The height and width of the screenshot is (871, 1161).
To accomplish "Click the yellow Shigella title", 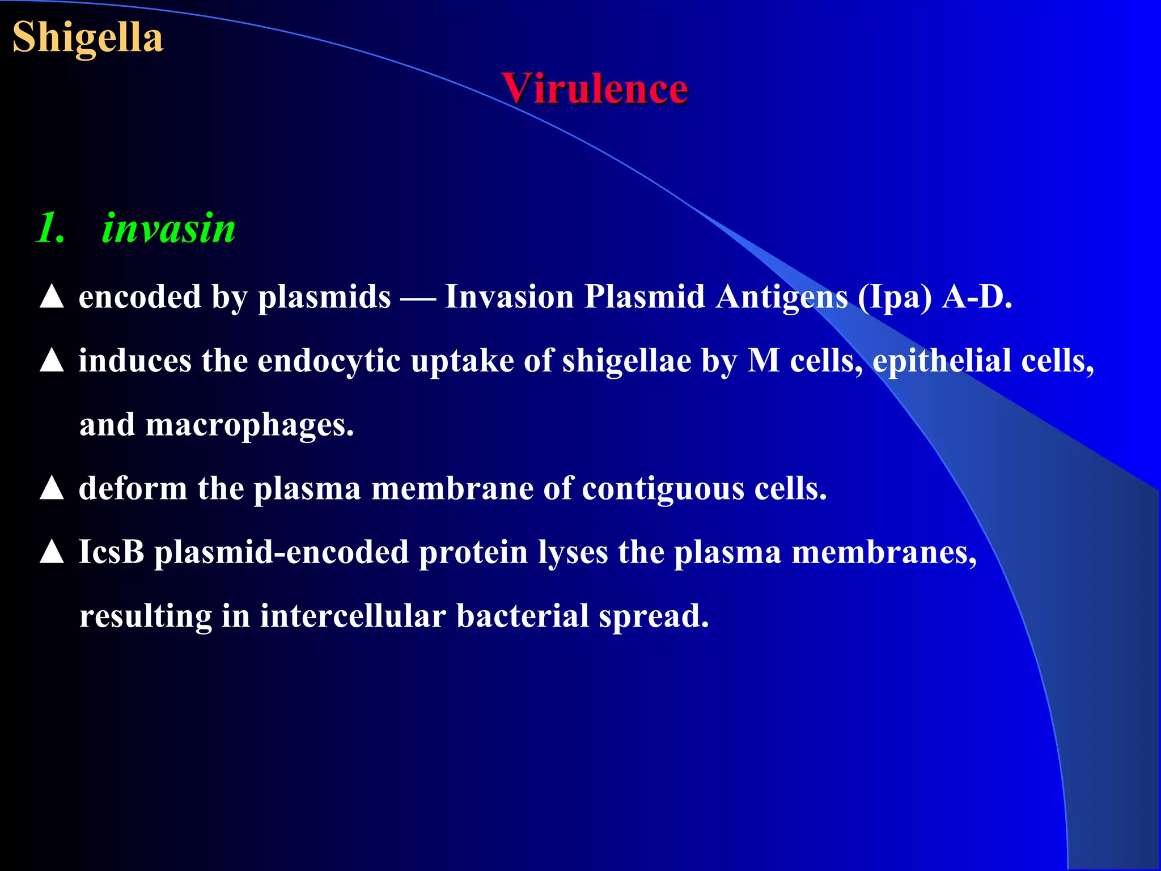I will [88, 37].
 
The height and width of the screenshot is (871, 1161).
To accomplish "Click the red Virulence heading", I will [595, 89].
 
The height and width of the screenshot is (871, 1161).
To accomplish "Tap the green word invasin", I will [168, 229].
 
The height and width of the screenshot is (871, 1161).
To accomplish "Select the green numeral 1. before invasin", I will [51, 229].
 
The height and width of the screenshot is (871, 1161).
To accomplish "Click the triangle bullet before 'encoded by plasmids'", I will [52, 297].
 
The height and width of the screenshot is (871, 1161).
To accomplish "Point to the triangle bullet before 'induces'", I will [52, 361].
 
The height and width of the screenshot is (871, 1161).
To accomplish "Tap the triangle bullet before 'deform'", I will [52, 488].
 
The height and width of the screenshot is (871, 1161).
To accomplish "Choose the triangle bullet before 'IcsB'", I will [52, 552].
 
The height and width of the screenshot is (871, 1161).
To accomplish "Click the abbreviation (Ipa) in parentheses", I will [895, 297].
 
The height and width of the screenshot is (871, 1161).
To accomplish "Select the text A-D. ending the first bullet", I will [977, 297].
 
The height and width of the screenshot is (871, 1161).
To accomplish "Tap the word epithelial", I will [942, 361].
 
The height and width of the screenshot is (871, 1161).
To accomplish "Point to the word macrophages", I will [249, 425].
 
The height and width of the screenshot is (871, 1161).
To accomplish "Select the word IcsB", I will [112, 552].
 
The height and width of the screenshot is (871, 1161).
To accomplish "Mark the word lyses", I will [573, 552].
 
